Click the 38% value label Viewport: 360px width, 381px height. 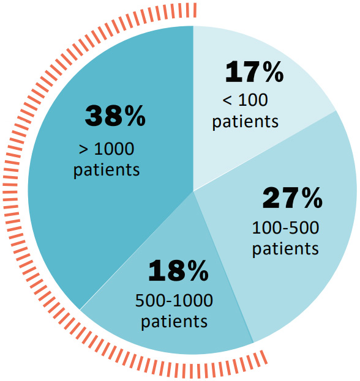pos(115,116)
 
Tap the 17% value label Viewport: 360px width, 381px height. pos(255,72)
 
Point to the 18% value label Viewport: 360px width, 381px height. pos(178,271)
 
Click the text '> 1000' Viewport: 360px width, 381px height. pos(107,149)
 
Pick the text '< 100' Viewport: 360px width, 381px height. pos(245,100)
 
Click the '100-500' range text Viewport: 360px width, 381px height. pos(285,228)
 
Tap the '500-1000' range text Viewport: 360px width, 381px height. pos(174,300)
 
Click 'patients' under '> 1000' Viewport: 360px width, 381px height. pos(107,170)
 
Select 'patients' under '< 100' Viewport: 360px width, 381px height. pos(245,122)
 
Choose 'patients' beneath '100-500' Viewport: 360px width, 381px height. pos(285,249)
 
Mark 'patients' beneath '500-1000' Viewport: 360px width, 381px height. pos(174,322)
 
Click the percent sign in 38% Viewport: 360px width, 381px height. pos(135,116)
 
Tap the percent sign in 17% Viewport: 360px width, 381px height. pos(272,72)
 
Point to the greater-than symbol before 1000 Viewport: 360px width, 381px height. pos(83,149)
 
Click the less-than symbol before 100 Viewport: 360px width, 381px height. pos(227,100)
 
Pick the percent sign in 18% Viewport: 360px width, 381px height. pos(197,271)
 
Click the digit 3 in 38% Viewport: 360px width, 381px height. pos(94,116)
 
